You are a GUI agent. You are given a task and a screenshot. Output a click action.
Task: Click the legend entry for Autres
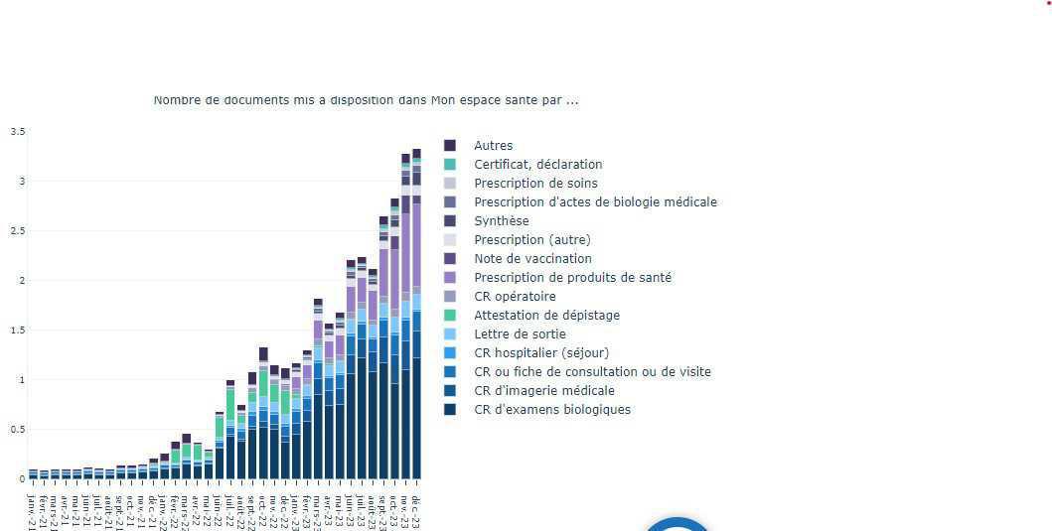(x=493, y=146)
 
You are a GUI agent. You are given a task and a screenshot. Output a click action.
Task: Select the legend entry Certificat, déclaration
(x=537, y=165)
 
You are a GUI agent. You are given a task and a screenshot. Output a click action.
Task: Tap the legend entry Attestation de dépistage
(x=546, y=316)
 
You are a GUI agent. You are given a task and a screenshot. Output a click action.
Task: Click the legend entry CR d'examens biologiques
(x=551, y=410)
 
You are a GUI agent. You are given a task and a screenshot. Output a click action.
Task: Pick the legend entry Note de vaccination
(x=532, y=259)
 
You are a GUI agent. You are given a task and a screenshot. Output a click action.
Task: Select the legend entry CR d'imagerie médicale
(x=543, y=391)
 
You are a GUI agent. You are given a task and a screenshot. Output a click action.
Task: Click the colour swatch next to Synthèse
(x=450, y=221)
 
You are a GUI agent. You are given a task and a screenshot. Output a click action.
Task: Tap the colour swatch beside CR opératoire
(x=450, y=297)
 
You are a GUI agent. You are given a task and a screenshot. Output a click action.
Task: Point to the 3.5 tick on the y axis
(x=18, y=132)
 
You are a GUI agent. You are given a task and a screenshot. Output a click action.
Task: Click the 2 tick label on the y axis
(x=21, y=281)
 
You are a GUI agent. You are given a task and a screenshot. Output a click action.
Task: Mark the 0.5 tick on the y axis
(x=18, y=430)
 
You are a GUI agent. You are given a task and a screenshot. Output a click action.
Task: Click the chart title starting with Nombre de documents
(x=366, y=100)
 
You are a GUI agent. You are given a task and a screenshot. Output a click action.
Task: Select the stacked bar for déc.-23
(x=416, y=318)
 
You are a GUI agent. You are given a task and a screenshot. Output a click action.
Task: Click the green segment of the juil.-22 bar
(x=230, y=404)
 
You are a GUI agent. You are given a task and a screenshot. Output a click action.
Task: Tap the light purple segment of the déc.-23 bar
(x=416, y=247)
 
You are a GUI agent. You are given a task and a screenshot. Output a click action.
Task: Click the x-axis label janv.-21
(x=32, y=506)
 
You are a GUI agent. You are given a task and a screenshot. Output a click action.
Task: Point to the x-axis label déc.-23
(x=416, y=508)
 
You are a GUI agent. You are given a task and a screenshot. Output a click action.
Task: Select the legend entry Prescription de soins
(x=535, y=184)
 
